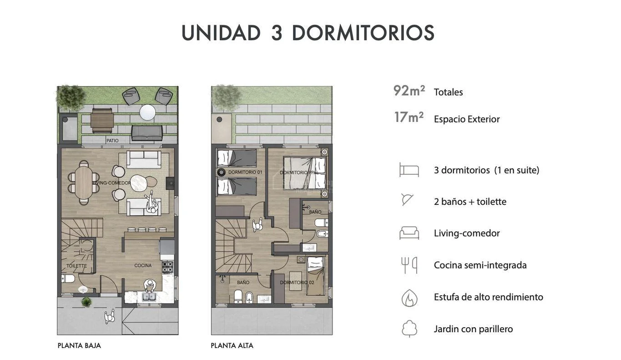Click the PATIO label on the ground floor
coord(112,141)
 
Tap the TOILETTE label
coord(76,266)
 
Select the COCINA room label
coord(143,265)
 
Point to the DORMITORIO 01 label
coord(245,172)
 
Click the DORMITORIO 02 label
coord(297,282)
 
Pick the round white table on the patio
coord(147,112)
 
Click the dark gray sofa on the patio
coord(147,133)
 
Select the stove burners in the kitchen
coord(168,267)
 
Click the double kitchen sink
coord(149,297)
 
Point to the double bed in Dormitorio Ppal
coord(304,173)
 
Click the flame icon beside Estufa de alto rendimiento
coord(409,298)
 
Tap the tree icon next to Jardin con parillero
coord(409,329)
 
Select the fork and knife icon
coord(409,265)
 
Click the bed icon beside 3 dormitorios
coord(409,170)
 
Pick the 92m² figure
coord(409,91)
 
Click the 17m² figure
coord(409,117)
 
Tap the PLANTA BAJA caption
coord(79,345)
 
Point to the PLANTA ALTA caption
coord(232,345)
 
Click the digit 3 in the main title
coord(277,33)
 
